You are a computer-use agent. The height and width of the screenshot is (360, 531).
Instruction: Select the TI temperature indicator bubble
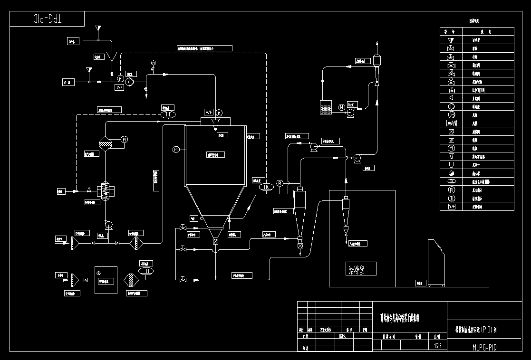[x=146, y=271]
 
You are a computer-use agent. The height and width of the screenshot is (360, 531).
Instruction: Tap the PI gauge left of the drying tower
[x=176, y=150]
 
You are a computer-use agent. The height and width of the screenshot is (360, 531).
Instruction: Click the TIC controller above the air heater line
[x=168, y=114]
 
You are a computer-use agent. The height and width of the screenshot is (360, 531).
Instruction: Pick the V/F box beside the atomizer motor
[x=208, y=113]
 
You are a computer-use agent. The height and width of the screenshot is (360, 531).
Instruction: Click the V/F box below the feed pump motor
[x=119, y=87]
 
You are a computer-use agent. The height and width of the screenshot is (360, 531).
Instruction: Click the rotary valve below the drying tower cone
[x=215, y=242]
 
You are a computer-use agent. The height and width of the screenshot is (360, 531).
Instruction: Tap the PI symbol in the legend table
[x=452, y=190]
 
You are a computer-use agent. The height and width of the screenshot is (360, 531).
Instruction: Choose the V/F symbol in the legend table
[x=452, y=207]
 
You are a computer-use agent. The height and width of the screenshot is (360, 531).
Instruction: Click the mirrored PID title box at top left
[x=47, y=19]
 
